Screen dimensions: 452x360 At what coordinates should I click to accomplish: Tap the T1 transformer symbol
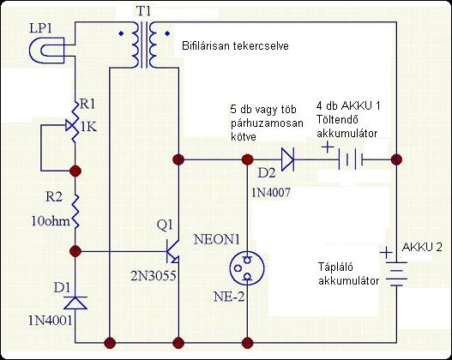144,45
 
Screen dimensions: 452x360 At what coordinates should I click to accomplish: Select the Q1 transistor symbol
172,251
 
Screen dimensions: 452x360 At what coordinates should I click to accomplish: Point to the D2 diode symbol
287,159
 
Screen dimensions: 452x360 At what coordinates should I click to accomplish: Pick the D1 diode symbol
75,303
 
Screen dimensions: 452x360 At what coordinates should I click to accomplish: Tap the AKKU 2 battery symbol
396,274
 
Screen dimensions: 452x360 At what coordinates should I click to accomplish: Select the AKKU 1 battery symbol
350,159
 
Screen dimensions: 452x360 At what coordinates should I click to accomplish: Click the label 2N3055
153,276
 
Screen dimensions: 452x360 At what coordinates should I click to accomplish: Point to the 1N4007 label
271,192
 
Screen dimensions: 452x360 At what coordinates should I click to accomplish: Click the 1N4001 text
50,321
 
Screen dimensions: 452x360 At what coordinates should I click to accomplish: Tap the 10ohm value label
51,221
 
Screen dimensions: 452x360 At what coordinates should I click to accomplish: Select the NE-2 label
229,297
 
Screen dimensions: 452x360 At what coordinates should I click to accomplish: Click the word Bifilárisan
206,46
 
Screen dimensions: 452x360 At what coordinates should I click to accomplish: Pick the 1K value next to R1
89,127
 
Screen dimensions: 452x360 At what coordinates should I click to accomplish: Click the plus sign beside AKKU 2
386,253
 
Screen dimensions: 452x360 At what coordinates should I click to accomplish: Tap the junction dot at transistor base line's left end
75,251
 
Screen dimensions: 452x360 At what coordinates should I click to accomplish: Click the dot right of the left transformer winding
167,33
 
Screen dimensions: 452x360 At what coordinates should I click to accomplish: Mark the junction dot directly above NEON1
247,159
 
